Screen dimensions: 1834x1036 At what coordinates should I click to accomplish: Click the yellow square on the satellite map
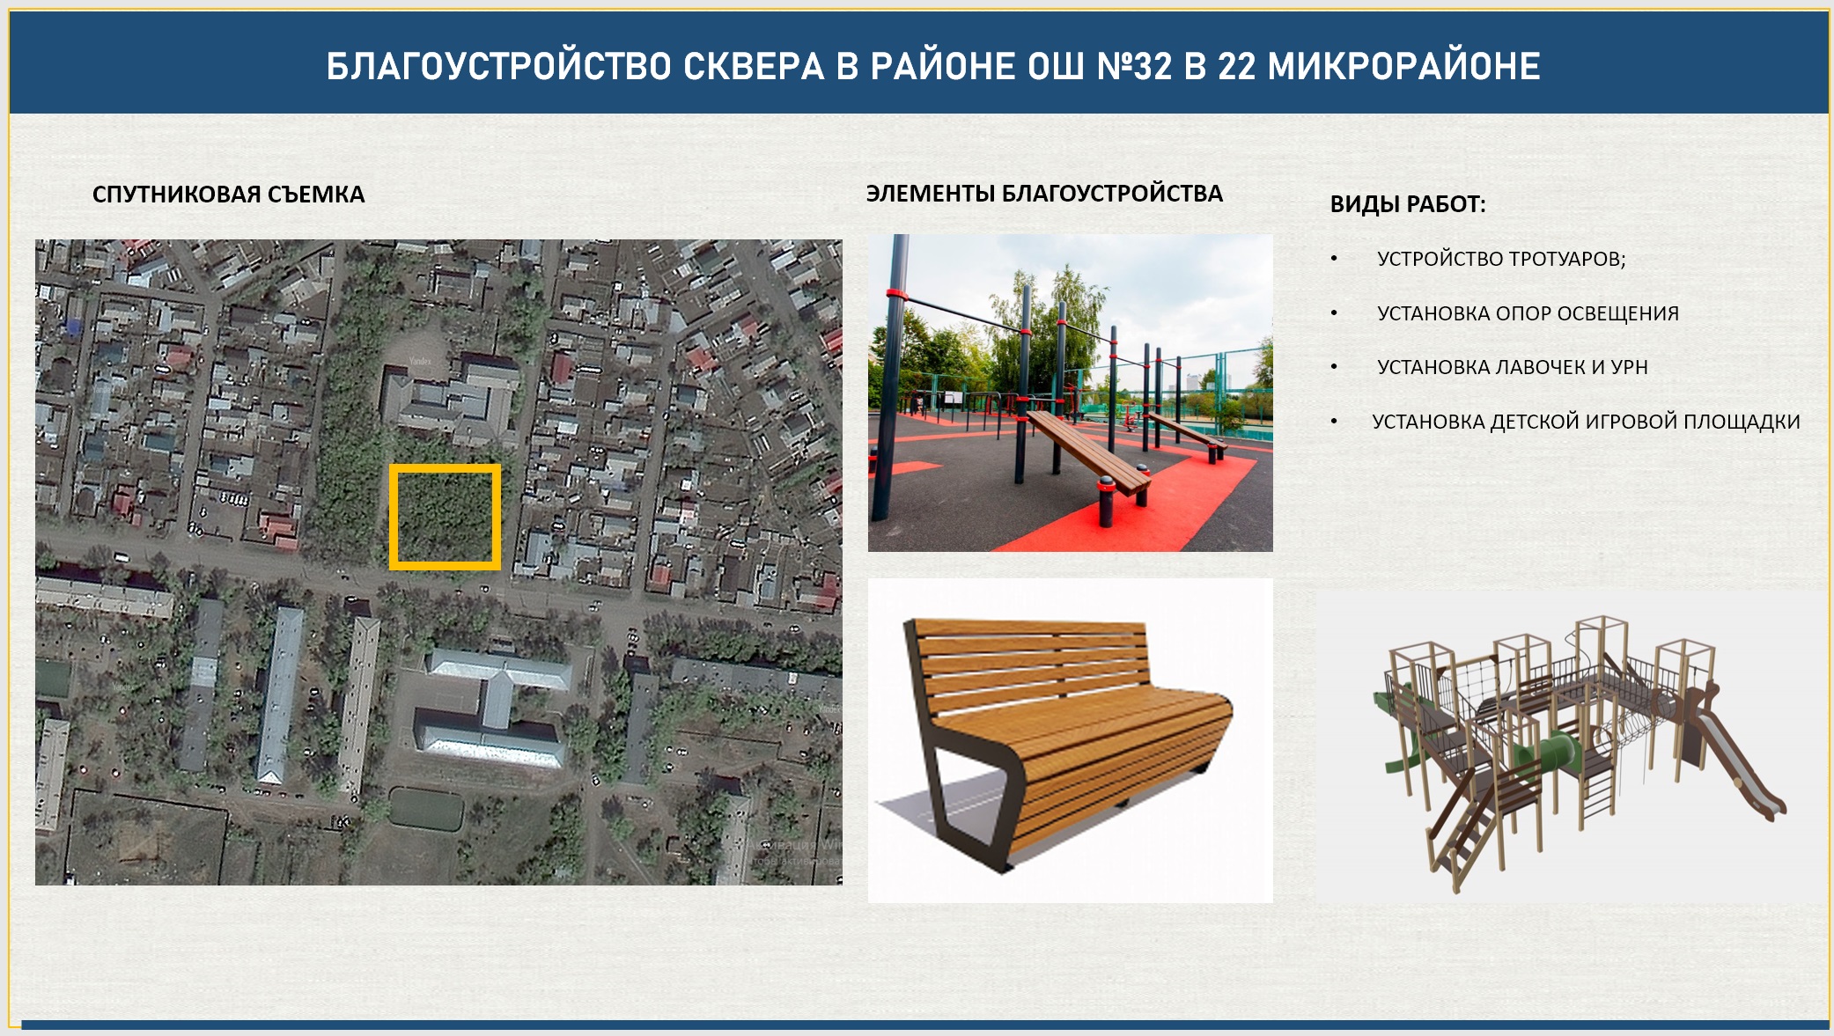coord(446,467)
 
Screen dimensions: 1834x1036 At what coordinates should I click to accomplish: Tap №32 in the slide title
coord(1134,66)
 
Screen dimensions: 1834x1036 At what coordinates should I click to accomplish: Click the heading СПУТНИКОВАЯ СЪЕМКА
coord(228,195)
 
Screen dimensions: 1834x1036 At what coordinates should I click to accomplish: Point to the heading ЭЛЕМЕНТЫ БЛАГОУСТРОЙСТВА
coord(1044,194)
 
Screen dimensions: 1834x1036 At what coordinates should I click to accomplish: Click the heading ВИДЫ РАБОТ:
coord(1408,204)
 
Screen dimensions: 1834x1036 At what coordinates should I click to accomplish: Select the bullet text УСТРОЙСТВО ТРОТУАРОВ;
coord(1501,259)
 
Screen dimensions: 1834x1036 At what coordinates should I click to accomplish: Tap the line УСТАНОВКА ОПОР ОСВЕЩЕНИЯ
coord(1528,313)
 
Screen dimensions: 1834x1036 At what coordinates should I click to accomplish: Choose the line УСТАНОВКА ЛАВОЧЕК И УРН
coord(1512,367)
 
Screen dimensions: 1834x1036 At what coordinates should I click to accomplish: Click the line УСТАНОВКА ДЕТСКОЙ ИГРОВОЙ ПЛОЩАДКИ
coord(1586,422)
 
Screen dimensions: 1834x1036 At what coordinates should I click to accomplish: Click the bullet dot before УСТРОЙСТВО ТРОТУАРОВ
coord(1335,259)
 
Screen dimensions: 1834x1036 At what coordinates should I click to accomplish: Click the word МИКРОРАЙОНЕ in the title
coord(1403,66)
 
